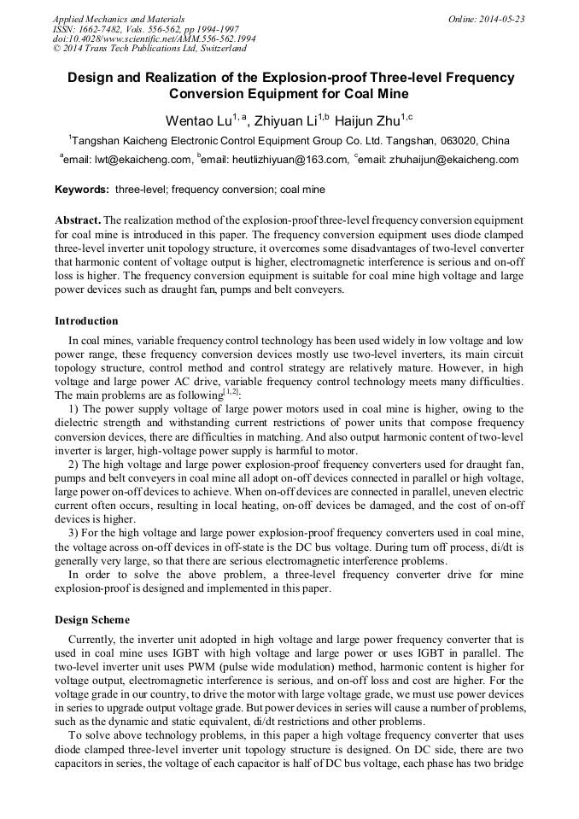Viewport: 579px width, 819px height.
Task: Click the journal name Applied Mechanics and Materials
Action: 118,19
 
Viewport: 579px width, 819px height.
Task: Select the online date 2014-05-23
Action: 499,19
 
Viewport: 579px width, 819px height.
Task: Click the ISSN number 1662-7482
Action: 103,29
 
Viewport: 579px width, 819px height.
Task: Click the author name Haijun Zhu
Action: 370,120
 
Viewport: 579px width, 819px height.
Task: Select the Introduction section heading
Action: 86,321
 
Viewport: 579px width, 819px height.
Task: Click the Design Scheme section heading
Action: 92,619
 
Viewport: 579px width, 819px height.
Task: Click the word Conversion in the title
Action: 209,94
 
